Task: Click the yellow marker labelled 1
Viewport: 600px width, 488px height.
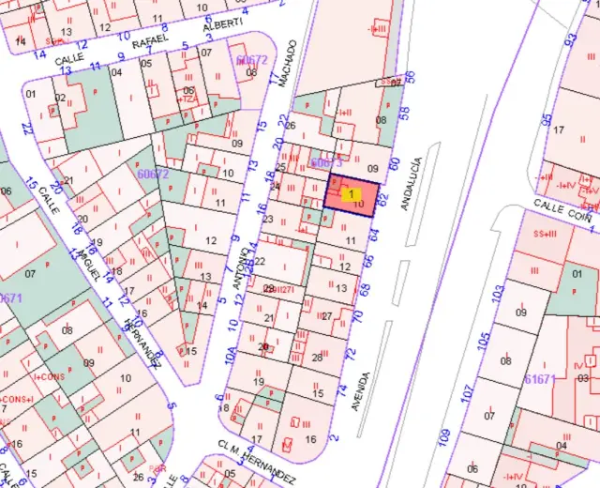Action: coord(351,194)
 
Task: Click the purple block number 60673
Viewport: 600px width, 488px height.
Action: coord(324,163)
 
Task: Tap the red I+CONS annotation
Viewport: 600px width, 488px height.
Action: coord(45,375)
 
